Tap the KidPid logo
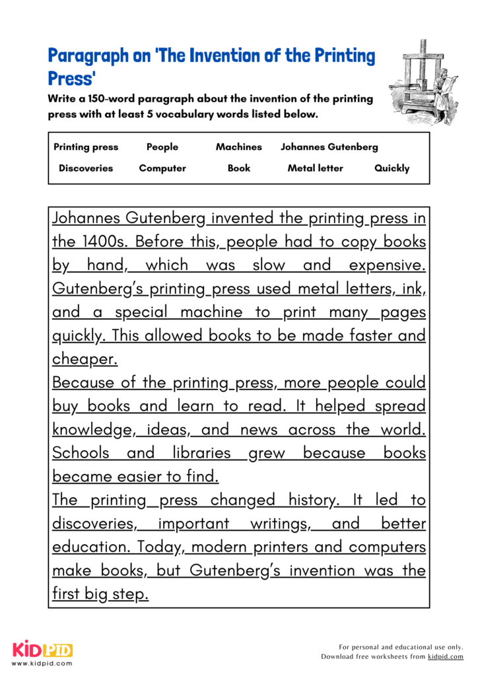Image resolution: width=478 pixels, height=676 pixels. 42,649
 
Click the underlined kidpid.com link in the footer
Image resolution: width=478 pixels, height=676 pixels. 446,657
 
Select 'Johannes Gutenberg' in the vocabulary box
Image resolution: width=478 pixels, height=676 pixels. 329,147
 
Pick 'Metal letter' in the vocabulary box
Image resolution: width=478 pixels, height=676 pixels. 315,168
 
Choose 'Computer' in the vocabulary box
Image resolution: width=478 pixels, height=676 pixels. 162,168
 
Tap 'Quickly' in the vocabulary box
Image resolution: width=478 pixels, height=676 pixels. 392,168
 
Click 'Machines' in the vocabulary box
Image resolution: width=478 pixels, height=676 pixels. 238,147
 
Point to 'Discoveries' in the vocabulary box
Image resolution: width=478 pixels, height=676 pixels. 86,168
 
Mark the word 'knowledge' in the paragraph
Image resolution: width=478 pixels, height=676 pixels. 92,430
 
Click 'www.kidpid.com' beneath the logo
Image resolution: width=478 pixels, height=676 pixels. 42,663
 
